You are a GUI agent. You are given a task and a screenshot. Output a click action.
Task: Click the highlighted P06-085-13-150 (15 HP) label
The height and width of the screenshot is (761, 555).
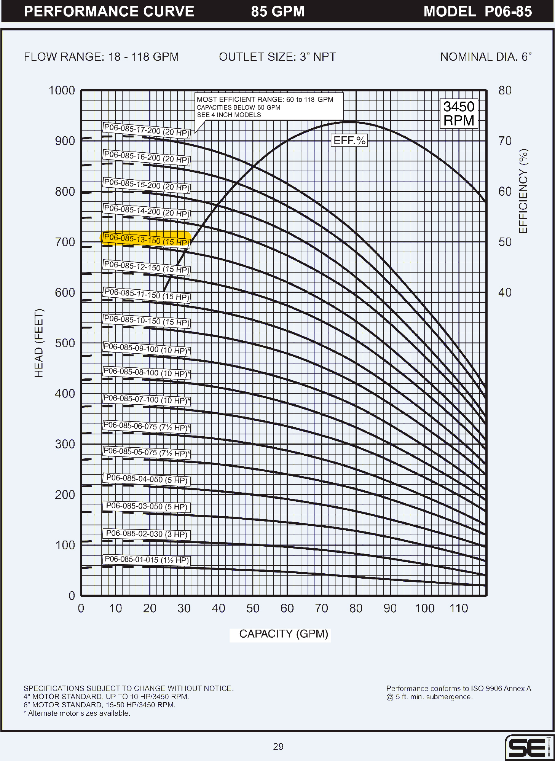click(146, 239)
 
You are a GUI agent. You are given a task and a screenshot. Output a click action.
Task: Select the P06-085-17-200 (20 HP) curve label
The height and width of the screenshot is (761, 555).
click(146, 130)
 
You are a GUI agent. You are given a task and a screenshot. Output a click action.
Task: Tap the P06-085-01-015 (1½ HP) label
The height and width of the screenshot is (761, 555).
click(147, 560)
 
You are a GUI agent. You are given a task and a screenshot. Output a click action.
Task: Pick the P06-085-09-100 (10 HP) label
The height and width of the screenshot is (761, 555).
click(146, 349)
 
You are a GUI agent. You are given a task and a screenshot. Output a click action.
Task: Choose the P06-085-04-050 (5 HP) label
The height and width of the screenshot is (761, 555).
click(147, 479)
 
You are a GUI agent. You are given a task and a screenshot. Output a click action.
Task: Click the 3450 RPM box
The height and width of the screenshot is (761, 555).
click(459, 113)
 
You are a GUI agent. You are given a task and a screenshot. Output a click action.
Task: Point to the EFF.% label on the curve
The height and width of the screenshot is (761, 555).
click(349, 140)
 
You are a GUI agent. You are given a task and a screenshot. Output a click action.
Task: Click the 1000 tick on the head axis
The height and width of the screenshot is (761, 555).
click(62, 91)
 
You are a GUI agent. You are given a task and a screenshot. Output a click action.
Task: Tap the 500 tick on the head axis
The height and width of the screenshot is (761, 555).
click(65, 343)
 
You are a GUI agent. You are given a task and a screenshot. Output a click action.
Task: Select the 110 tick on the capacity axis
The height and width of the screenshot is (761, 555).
click(459, 608)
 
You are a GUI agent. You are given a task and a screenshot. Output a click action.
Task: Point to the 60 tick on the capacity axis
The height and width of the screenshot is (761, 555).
click(287, 608)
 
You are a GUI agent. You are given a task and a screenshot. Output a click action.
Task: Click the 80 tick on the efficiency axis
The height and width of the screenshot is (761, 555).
click(505, 91)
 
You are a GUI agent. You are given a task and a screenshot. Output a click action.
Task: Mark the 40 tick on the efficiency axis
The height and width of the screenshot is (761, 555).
click(505, 292)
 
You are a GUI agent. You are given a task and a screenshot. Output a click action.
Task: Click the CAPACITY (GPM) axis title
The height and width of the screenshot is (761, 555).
click(284, 634)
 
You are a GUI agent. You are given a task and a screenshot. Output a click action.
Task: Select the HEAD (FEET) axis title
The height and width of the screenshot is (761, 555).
click(39, 343)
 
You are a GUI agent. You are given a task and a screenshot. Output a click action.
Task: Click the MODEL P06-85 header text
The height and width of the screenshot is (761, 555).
click(477, 11)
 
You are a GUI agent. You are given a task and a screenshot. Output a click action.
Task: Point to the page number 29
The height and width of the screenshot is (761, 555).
click(278, 747)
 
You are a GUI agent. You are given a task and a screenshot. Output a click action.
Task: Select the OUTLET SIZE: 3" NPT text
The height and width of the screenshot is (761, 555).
click(277, 57)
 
